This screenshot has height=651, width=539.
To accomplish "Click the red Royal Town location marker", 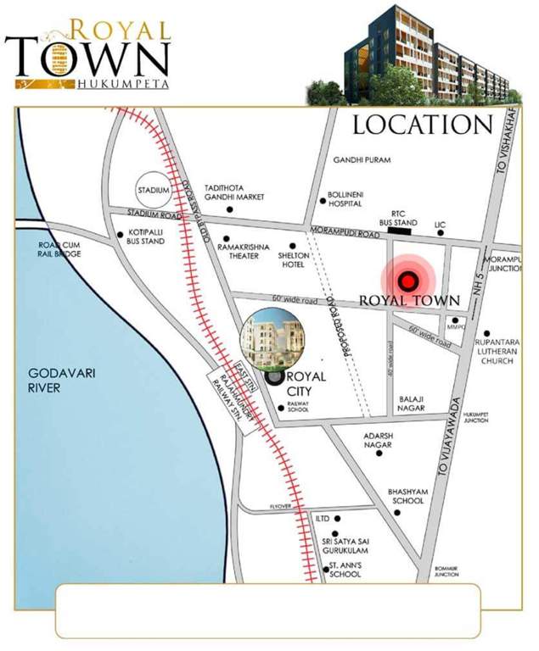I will click(x=410, y=281).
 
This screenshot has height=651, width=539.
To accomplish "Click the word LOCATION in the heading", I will click(x=422, y=125).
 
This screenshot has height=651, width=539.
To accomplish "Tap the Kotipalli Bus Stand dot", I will click(x=120, y=235).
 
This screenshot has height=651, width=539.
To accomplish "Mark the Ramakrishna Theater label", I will click(x=245, y=251).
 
